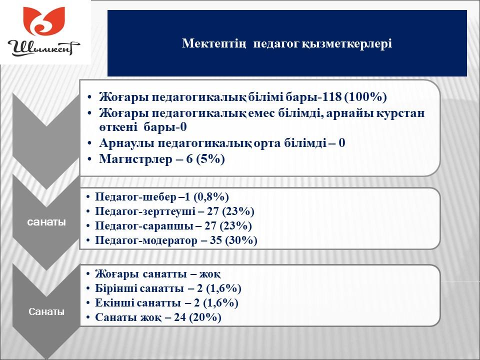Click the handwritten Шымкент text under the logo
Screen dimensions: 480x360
click(x=44, y=48)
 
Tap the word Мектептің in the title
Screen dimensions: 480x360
click(x=213, y=43)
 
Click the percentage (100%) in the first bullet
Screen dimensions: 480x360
click(x=365, y=96)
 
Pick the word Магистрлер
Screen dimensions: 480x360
click(x=136, y=159)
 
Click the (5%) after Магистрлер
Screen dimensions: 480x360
click(x=210, y=159)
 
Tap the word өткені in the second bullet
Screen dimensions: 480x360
click(x=118, y=127)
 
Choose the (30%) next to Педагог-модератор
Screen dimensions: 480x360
click(x=241, y=240)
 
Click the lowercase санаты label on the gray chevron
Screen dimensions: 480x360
click(x=46, y=221)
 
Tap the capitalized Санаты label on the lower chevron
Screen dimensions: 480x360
click(x=46, y=311)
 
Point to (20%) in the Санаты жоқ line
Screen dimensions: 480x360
click(x=205, y=317)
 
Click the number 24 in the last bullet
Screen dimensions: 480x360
click(x=180, y=317)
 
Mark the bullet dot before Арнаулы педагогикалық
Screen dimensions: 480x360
click(x=89, y=143)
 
